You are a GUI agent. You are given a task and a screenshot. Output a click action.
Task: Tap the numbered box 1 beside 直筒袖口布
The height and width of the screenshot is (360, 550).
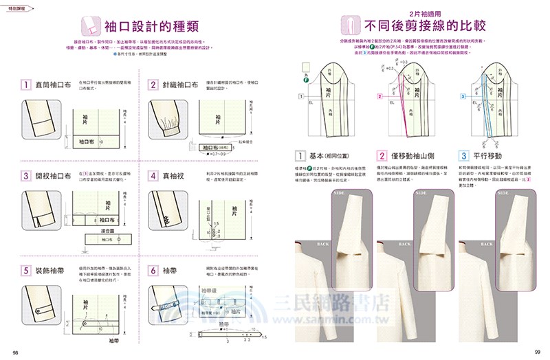[x=24, y=86]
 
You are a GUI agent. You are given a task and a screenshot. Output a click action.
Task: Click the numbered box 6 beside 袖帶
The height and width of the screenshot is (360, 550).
[x=153, y=271]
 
